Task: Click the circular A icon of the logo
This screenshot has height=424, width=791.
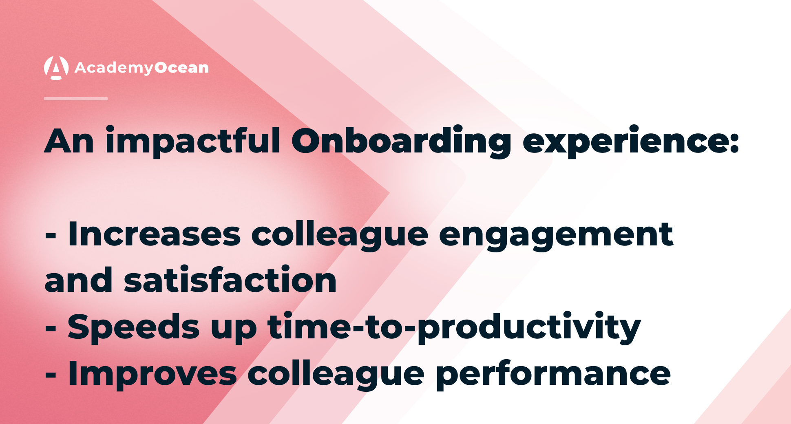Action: click(x=56, y=68)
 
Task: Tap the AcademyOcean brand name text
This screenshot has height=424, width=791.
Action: click(x=141, y=68)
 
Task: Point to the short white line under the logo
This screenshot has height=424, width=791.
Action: click(x=76, y=99)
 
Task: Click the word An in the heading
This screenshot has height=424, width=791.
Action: click(x=69, y=141)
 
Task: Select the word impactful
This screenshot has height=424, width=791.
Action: click(x=192, y=141)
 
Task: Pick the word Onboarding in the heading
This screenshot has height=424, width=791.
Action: click(x=401, y=141)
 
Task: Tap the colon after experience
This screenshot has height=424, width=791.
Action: click(x=735, y=143)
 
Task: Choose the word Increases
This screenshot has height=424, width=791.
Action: click(x=154, y=234)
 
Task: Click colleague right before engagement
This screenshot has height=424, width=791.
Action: click(x=340, y=234)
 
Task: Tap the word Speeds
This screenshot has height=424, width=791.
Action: click(x=134, y=326)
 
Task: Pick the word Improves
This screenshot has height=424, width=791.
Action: click(x=152, y=373)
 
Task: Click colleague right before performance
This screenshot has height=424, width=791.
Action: click(x=336, y=373)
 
